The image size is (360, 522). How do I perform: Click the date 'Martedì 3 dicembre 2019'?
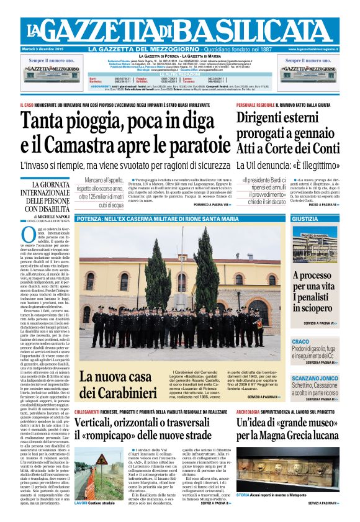48,49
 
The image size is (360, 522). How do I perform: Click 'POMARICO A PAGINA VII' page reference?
203,204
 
